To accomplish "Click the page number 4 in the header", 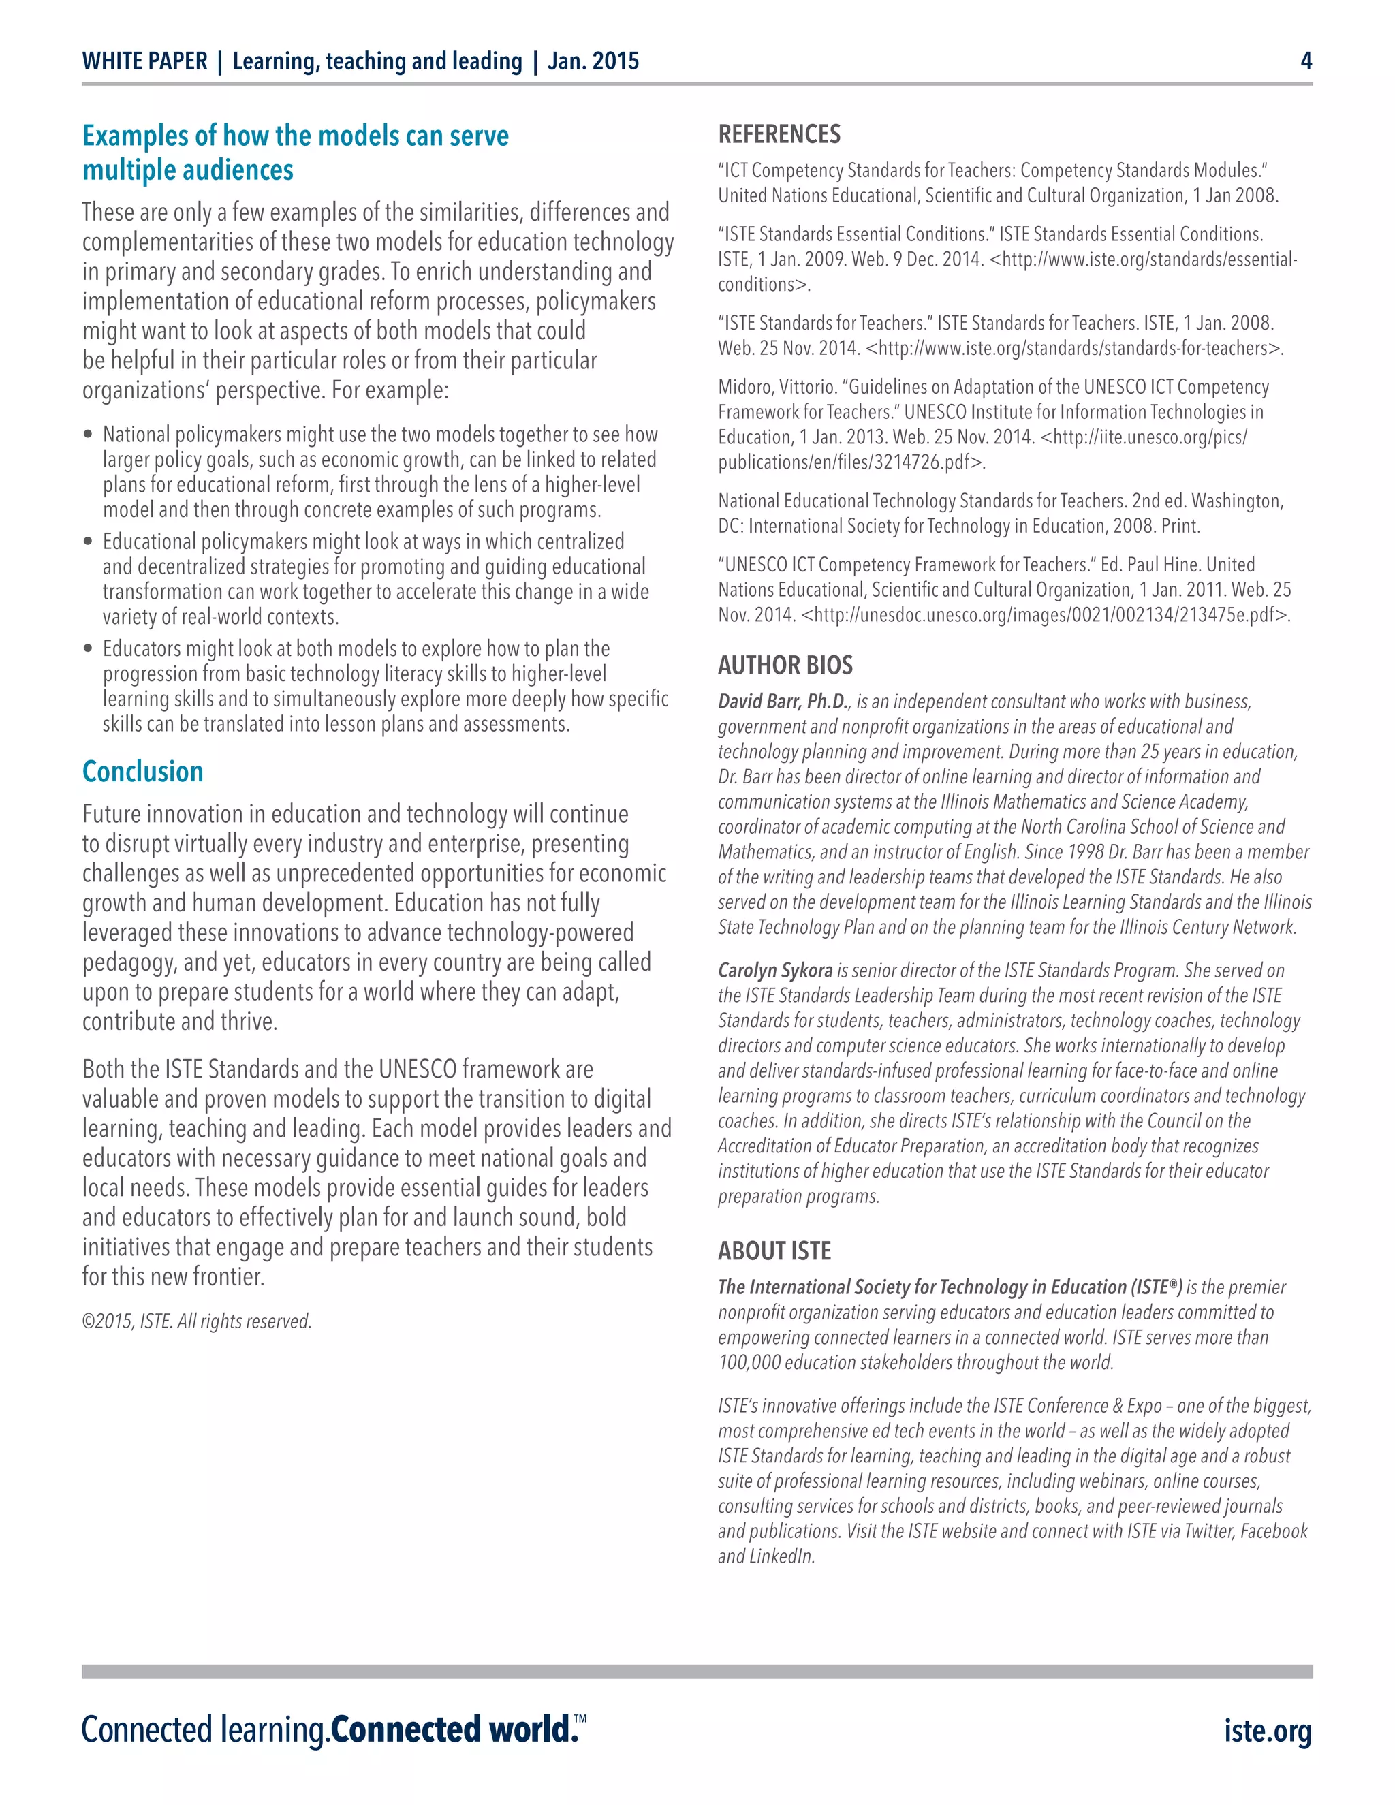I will tap(1306, 61).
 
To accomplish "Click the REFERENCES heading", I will tap(779, 135).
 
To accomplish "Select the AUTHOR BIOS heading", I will tap(785, 665).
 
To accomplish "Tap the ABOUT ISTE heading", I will tap(774, 1251).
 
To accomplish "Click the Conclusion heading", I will tap(143, 772).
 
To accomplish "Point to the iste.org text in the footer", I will tap(1268, 1731).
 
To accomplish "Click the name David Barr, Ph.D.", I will tap(783, 702).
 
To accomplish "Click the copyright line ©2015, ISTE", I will tap(197, 1321).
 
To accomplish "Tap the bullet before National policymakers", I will tap(89, 435).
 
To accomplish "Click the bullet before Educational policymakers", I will tap(89, 542).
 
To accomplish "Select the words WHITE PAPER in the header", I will tap(144, 61).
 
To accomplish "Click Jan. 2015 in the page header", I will tap(593, 61).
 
